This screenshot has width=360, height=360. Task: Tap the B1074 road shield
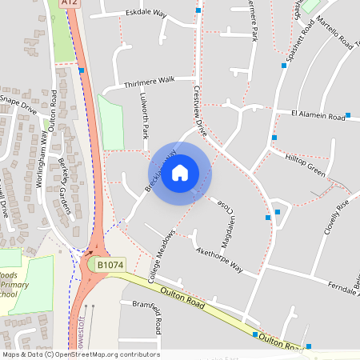click(x=110, y=264)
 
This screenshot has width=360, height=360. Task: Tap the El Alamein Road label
click(x=318, y=116)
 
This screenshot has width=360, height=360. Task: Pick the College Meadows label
click(x=161, y=255)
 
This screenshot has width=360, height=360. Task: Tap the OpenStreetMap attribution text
click(x=81, y=354)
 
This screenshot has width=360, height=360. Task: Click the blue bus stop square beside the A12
click(x=82, y=71)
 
